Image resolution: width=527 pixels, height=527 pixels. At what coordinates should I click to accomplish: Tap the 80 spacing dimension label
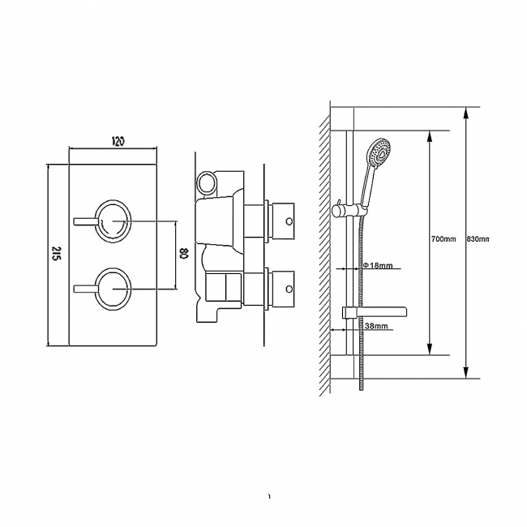[184, 254]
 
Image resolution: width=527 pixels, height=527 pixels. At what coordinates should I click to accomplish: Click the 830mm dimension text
[479, 239]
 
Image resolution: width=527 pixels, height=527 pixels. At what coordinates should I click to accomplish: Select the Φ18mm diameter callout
[378, 266]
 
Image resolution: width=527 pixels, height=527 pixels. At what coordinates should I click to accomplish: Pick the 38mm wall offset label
[377, 325]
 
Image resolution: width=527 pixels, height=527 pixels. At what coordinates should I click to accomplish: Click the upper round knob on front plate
[113, 220]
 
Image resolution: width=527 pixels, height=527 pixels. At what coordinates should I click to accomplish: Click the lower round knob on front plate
[113, 287]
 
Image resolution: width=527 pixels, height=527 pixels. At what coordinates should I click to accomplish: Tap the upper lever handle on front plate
[86, 220]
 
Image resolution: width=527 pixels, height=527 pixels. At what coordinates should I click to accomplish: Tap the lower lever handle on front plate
[86, 287]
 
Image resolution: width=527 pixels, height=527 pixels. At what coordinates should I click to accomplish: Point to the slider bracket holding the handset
[350, 210]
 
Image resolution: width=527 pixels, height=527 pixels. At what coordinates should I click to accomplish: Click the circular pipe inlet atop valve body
[209, 182]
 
